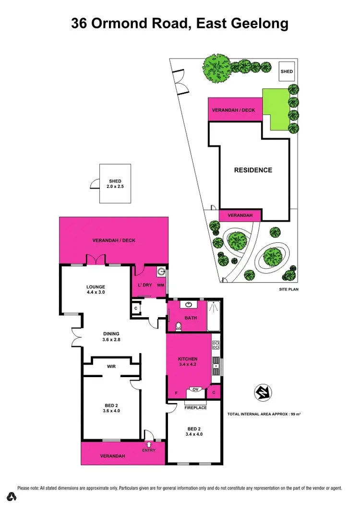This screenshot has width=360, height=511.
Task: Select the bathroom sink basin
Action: pyautogui.click(x=188, y=305)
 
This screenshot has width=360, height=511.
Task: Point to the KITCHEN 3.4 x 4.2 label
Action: pyautogui.click(x=188, y=362)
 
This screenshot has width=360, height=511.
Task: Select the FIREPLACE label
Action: pyautogui.click(x=195, y=408)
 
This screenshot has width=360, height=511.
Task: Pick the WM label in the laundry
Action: pyautogui.click(x=160, y=285)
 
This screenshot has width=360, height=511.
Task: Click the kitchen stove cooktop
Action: pyautogui.click(x=216, y=345)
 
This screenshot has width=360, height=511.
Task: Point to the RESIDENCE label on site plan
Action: pyautogui.click(x=253, y=170)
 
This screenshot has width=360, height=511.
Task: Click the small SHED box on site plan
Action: pyautogui.click(x=287, y=71)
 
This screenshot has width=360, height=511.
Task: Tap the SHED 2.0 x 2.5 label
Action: pyautogui.click(x=116, y=184)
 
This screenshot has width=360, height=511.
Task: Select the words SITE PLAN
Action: pyautogui.click(x=289, y=290)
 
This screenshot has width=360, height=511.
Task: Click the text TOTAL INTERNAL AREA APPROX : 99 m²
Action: pyautogui.click(x=267, y=414)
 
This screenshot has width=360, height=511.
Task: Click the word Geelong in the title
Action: pyautogui.click(x=261, y=24)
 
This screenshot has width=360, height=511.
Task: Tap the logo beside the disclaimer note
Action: pyautogui.click(x=12, y=496)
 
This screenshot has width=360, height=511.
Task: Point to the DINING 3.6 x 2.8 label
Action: pyautogui.click(x=111, y=337)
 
